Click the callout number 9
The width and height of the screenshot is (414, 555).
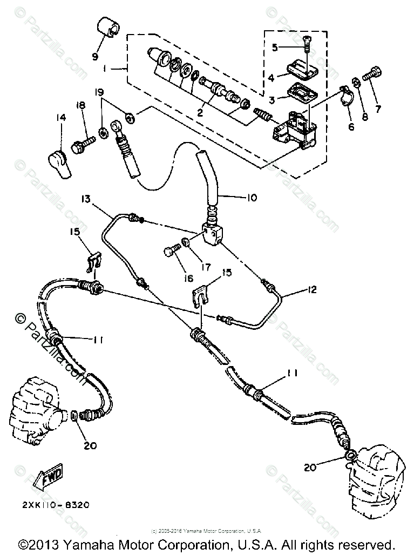pos(95,56)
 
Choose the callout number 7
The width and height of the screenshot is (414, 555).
pos(377,109)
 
